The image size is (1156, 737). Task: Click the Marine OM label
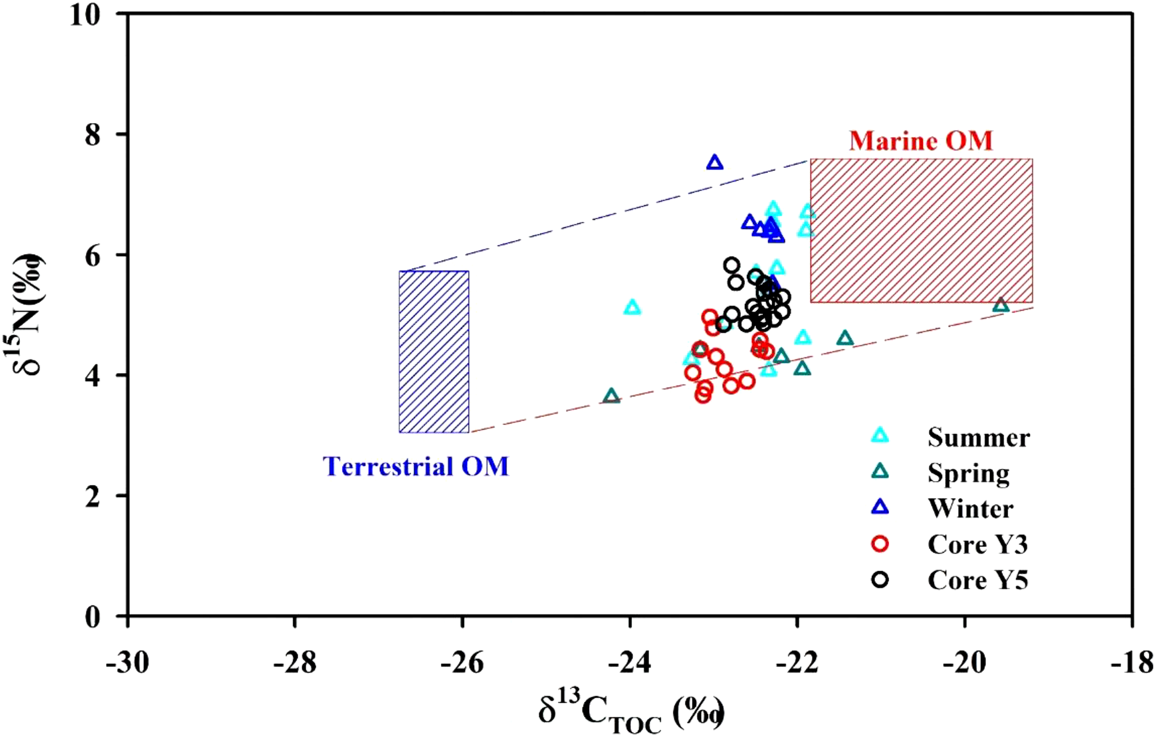[921, 141]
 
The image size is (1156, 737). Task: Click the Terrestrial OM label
[416, 466]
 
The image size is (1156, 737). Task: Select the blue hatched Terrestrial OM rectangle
[434, 352]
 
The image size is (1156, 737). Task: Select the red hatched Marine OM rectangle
[921, 230]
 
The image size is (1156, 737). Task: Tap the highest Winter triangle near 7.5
[715, 163]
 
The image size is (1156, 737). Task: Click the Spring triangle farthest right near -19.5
[1001, 305]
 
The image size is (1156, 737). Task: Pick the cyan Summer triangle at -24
[632, 308]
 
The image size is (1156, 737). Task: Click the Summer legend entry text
[978, 437]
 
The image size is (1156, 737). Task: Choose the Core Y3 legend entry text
[978, 545]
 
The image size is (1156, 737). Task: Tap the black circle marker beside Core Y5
[880, 580]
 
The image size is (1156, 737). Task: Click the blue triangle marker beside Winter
[880, 508]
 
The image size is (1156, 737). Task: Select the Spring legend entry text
[968, 473]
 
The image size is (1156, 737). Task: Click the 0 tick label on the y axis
[92, 616]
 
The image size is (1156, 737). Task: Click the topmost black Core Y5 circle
[732, 265]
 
